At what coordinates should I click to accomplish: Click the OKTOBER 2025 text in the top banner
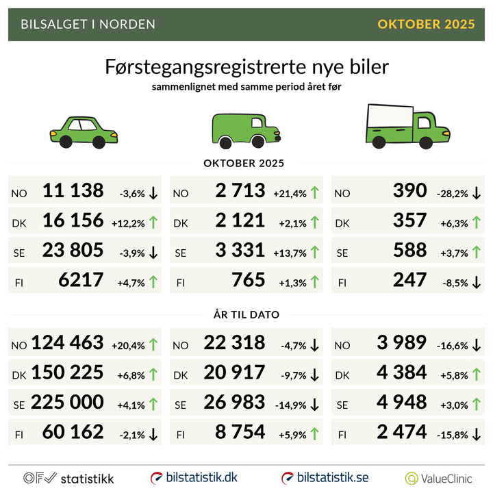[x=426, y=25]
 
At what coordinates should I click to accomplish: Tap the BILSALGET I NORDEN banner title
[x=88, y=25]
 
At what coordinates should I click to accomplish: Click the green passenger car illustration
[x=84, y=131]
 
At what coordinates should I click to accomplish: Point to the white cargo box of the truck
[x=391, y=116]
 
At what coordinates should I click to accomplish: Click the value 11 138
[x=73, y=191]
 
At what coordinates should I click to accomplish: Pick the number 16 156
[x=73, y=221]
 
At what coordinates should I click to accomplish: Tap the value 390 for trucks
[x=410, y=191]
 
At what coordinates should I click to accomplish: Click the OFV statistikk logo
[x=68, y=478]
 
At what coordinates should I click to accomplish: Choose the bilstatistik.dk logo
[x=194, y=477]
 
